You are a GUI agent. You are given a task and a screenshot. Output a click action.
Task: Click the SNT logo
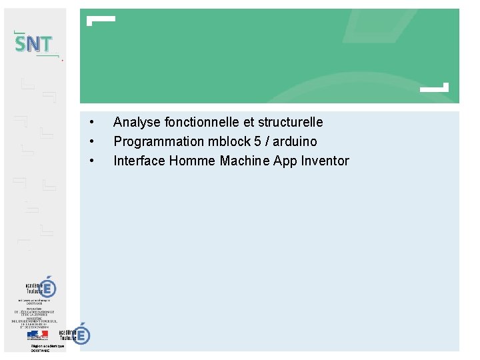pos(33,44)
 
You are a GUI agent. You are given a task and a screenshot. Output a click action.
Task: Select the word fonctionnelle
pos(194,122)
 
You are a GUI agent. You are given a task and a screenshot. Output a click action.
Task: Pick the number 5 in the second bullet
pos(257,141)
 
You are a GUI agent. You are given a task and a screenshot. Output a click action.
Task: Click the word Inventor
pos(325,161)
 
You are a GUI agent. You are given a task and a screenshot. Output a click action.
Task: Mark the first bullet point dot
pos(91,122)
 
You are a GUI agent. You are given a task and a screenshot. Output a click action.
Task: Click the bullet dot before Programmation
pos(91,141)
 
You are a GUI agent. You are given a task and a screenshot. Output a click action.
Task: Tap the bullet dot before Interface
pos(91,161)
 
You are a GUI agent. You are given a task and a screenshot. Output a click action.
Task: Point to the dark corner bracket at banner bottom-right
pos(436,87)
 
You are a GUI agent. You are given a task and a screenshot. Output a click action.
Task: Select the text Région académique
pos(47,347)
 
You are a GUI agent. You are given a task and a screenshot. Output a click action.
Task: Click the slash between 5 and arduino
pos(267,141)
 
